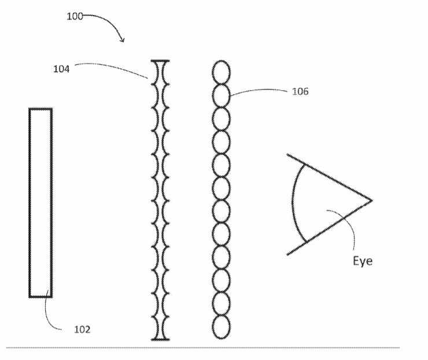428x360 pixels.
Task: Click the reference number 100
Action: [75, 16]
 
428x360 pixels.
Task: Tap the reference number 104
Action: [61, 69]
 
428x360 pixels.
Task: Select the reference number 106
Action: [300, 91]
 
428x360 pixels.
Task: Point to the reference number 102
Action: [82, 329]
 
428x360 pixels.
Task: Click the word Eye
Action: [363, 261]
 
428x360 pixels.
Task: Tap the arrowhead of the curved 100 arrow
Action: [123, 40]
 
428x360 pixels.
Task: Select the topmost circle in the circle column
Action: [221, 72]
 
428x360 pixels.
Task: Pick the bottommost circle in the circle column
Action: [221, 327]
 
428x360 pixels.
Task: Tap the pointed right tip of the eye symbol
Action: [372, 201]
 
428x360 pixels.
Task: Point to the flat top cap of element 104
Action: [161, 61]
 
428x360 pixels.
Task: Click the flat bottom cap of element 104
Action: [161, 340]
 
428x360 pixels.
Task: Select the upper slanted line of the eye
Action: [329, 177]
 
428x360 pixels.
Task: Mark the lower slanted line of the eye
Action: [330, 228]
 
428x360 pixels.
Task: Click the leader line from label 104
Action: [112, 68]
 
